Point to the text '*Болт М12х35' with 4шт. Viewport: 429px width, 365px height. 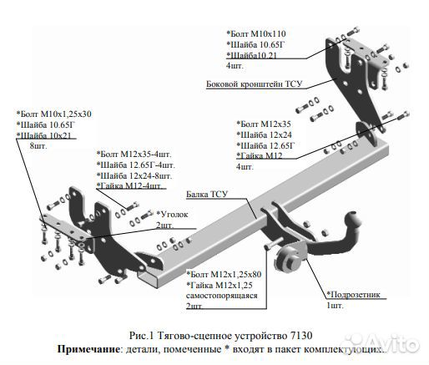265,123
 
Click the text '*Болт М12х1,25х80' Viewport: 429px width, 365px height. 225,273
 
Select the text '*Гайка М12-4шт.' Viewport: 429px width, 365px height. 134,187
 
